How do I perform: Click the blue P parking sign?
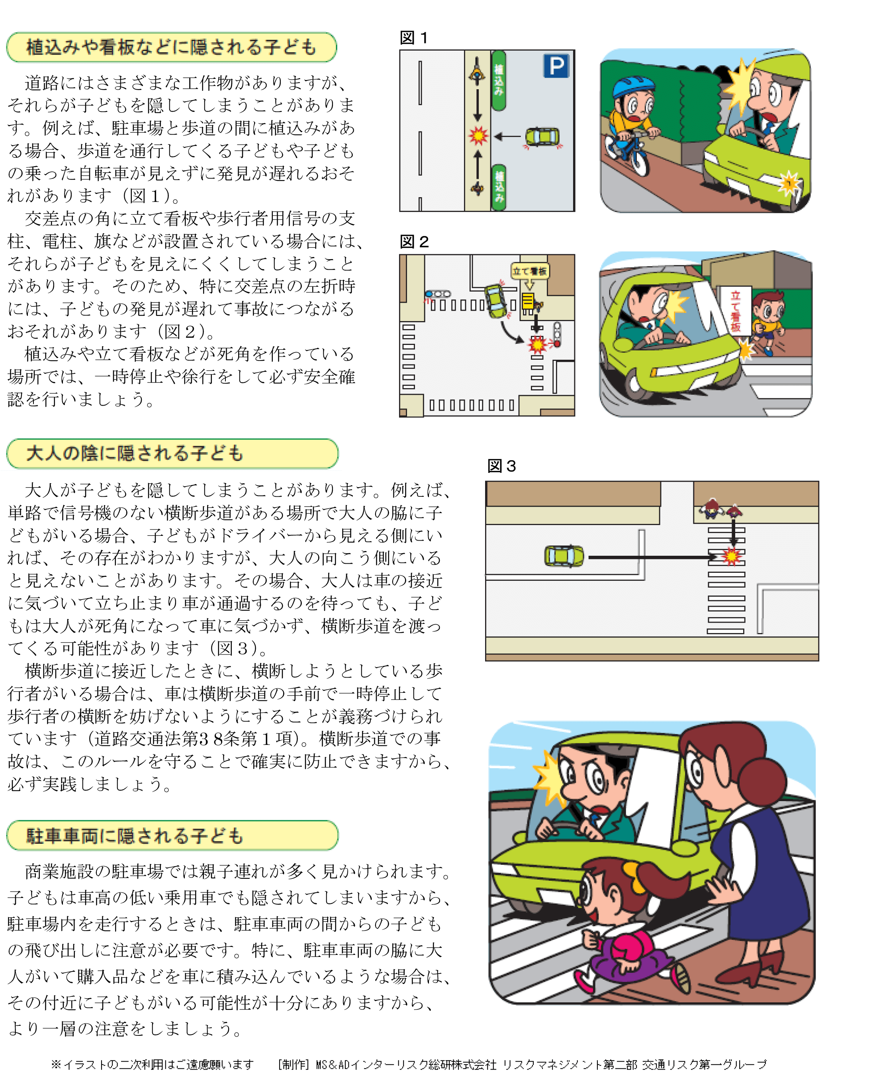point(556,66)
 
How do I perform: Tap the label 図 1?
point(413,38)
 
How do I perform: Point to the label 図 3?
point(501,466)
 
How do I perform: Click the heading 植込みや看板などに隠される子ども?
point(171,47)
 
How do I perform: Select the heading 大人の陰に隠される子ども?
point(135,453)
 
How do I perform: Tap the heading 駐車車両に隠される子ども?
point(135,836)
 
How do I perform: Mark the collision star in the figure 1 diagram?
point(478,135)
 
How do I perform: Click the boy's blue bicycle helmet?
point(633,86)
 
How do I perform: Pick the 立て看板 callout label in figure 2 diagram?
point(529,271)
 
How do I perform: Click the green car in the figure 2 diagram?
point(496,301)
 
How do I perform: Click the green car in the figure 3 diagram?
point(564,556)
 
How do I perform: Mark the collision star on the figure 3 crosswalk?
point(731,556)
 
